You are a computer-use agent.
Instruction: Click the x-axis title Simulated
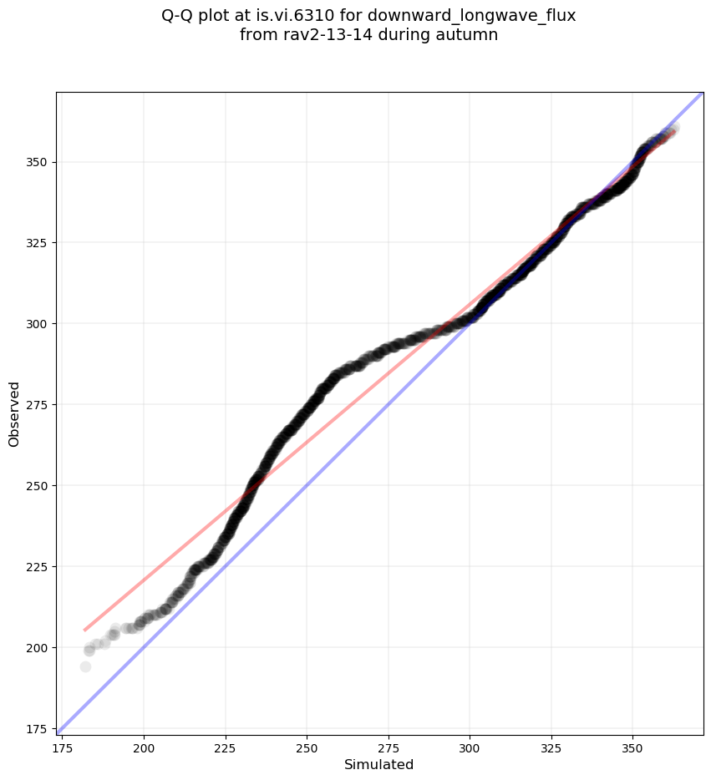click(379, 764)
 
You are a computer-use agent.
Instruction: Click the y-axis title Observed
click(14, 413)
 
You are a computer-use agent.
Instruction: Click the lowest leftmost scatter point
click(85, 666)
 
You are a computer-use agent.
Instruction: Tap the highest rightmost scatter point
click(673, 128)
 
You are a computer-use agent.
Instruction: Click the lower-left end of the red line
click(84, 630)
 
